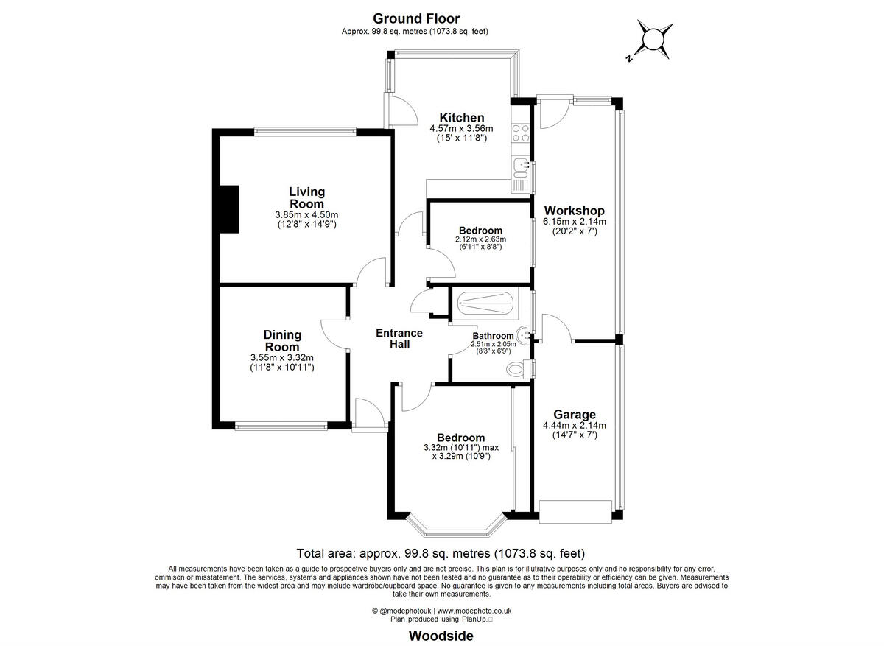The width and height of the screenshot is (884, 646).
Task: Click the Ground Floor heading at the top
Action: pyautogui.click(x=415, y=18)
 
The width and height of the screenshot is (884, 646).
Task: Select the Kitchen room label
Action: pyautogui.click(x=462, y=118)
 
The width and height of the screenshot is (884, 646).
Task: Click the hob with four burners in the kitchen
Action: pyautogui.click(x=522, y=132)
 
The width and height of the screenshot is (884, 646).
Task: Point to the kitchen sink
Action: pyautogui.click(x=522, y=166)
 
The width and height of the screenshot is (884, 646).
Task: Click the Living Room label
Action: pyautogui.click(x=306, y=198)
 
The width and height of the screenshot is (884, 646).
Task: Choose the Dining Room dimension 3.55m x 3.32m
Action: pyautogui.click(x=282, y=358)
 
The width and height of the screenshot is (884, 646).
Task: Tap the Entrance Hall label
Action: pyautogui.click(x=399, y=338)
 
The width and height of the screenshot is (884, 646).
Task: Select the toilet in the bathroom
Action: pyautogui.click(x=519, y=368)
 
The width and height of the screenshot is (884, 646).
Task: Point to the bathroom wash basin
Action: pyautogui.click(x=524, y=335)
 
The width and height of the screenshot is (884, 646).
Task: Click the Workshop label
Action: pyautogui.click(x=574, y=211)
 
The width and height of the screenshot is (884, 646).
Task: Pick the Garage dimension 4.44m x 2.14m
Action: pyautogui.click(x=574, y=425)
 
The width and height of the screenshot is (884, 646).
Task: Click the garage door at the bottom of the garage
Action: pyautogui.click(x=575, y=510)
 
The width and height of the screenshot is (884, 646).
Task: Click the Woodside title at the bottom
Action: pyautogui.click(x=441, y=636)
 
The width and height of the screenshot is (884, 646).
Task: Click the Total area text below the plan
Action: pyautogui.click(x=441, y=553)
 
